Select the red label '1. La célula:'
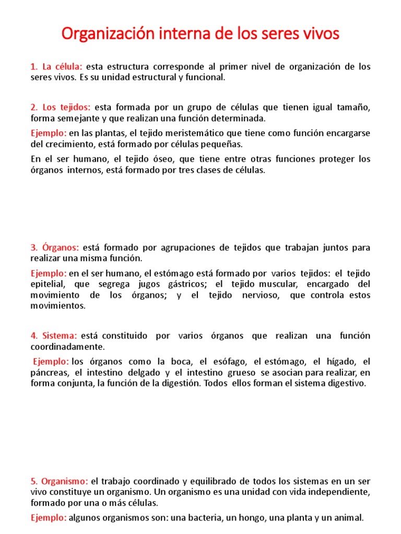point(56,67)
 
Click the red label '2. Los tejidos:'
point(61,107)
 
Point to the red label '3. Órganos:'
point(55,248)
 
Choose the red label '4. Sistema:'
point(54,336)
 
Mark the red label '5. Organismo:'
point(60,481)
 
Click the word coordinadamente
point(68,347)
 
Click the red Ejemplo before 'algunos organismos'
point(49,518)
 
